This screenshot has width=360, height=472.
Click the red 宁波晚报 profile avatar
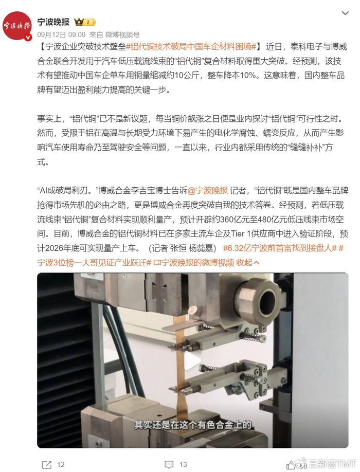[x=17, y=26]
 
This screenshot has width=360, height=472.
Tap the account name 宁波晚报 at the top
[x=53, y=22]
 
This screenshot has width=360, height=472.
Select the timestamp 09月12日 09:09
[x=61, y=34]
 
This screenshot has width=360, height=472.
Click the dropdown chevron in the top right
[x=345, y=13]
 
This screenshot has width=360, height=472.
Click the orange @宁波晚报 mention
[x=208, y=191]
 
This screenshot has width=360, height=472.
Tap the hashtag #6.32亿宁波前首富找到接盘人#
[x=280, y=248]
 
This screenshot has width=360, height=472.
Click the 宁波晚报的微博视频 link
[x=194, y=263]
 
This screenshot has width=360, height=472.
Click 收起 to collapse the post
[x=248, y=263]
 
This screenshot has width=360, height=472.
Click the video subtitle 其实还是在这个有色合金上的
[x=193, y=425]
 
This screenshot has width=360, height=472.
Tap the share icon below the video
[x=47, y=464]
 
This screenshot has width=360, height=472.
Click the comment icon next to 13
[x=169, y=464]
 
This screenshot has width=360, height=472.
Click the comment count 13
[x=183, y=464]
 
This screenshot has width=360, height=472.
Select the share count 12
[x=61, y=464]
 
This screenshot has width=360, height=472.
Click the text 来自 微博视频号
[x=114, y=34]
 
